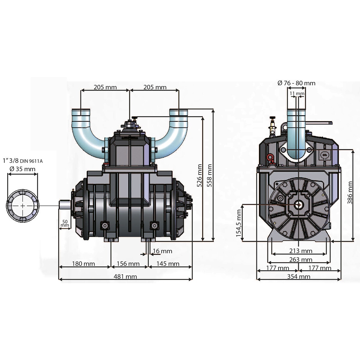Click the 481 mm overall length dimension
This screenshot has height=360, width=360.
coord(125,277)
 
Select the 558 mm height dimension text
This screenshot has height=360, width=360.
coord(209,175)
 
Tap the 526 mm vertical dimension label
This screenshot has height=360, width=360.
coord(199,175)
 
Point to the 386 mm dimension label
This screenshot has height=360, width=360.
coord(350,193)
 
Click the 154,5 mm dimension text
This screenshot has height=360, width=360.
coord(238,223)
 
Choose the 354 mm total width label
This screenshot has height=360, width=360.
coord(298,277)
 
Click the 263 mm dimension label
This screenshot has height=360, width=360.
coord(301,259)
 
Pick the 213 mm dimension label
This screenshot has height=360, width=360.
coord(301,251)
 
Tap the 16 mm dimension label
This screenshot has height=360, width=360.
coord(163,251)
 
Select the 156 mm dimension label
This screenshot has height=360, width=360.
coord(128,264)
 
